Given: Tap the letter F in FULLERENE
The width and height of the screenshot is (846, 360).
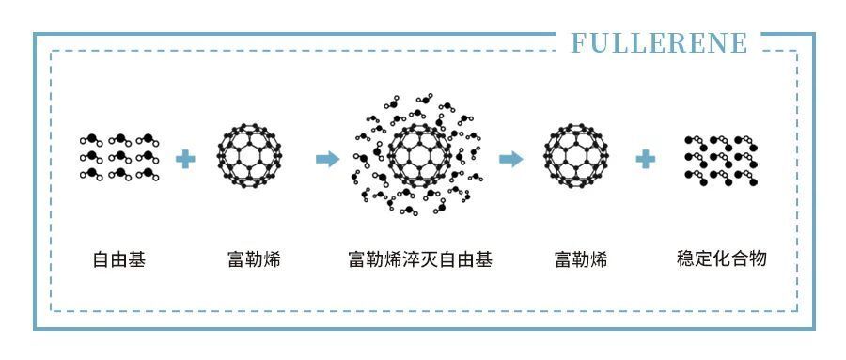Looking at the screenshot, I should coord(578,44).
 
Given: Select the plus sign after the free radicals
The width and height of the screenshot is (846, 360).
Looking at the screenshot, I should coord(186,158).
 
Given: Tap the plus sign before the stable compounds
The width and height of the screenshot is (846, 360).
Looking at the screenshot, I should coord(645,158).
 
